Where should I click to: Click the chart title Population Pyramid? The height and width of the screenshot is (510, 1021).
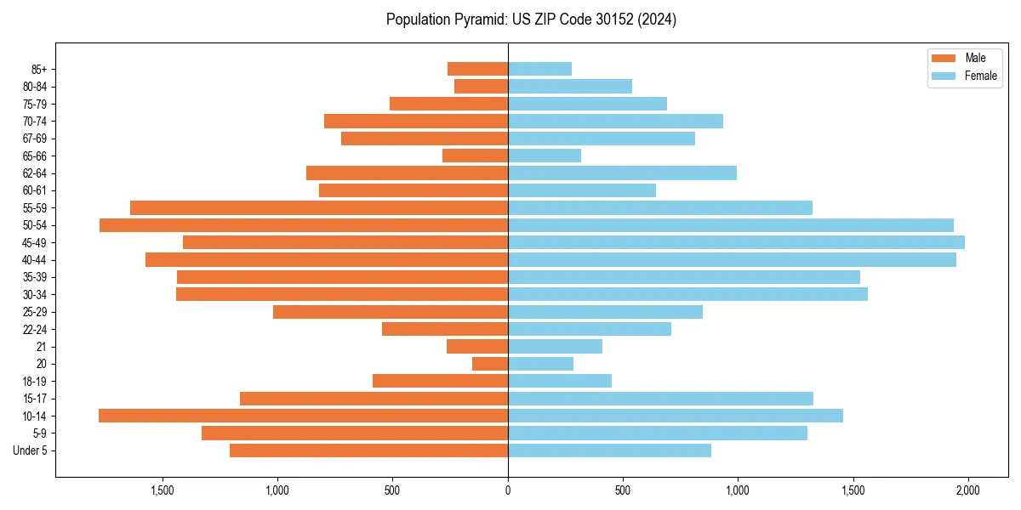(531, 20)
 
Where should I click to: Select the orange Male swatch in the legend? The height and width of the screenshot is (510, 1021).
(944, 58)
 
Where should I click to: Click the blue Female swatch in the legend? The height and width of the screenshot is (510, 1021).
(944, 76)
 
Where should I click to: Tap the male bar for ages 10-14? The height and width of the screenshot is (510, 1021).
(303, 416)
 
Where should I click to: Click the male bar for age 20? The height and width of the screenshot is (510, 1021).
(490, 364)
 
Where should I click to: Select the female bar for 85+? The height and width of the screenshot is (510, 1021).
(539, 69)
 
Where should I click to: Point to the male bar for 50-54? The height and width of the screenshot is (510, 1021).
(304, 225)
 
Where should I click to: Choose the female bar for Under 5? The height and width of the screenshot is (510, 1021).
(609, 450)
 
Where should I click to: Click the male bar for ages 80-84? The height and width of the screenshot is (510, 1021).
(481, 86)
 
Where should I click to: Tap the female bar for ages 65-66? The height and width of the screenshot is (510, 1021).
(545, 156)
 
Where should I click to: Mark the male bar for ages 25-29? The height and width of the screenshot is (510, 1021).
(391, 312)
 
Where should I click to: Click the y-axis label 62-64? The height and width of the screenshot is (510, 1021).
(35, 173)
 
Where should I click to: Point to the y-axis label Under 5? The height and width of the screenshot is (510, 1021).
(31, 450)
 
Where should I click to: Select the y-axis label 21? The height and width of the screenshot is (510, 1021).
(41, 347)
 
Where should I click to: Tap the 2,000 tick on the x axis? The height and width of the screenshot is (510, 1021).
(967, 490)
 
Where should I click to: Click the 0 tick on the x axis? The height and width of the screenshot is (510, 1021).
(508, 490)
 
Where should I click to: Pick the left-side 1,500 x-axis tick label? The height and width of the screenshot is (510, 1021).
(162, 490)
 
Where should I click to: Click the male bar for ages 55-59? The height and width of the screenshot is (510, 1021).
(319, 207)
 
